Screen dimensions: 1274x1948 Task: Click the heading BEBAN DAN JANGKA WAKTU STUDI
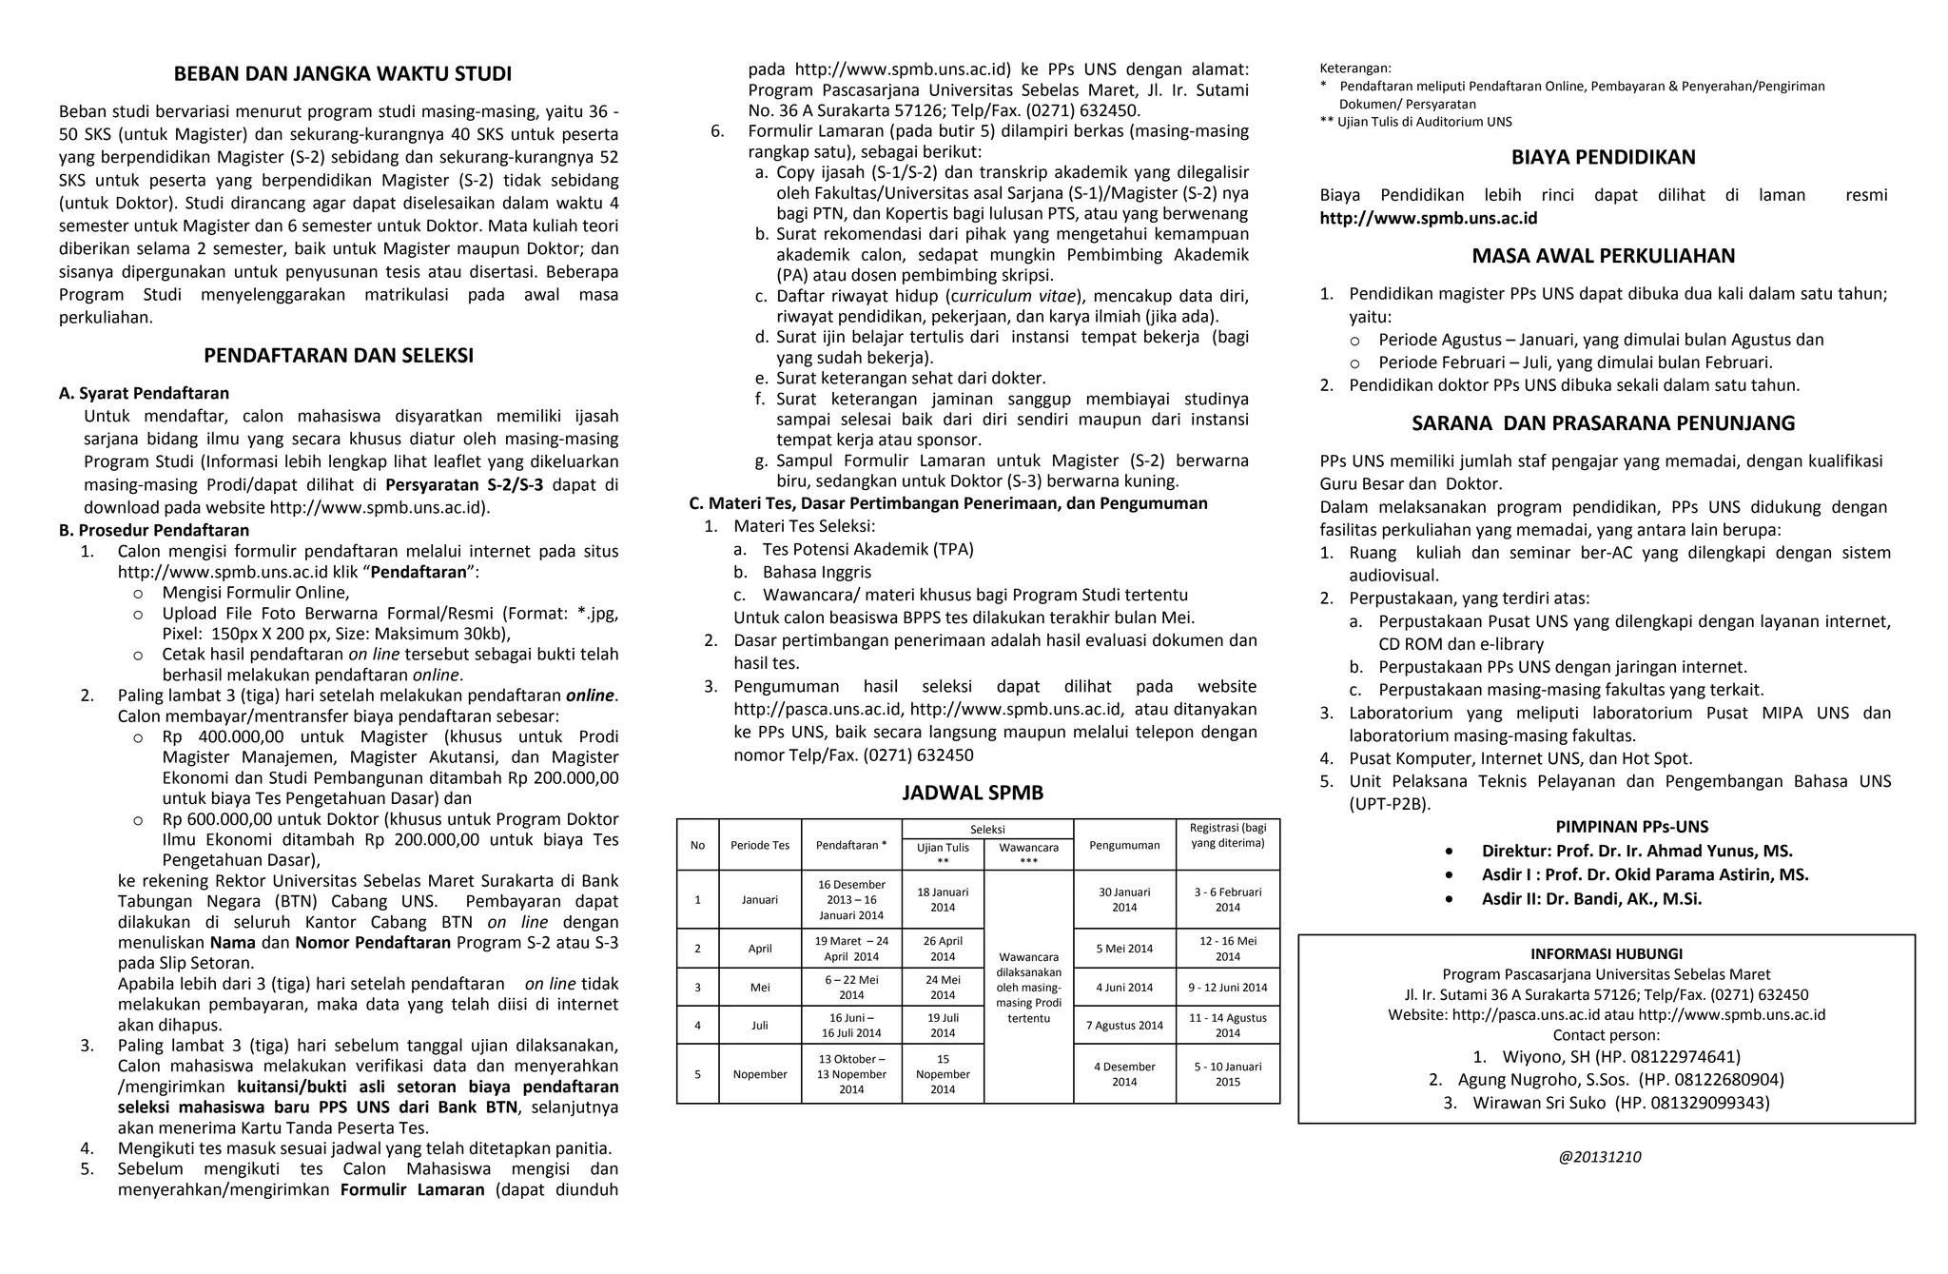click(x=341, y=73)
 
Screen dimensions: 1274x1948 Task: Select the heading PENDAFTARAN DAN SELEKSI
click(x=339, y=356)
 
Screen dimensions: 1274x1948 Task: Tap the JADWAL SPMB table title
click(x=973, y=793)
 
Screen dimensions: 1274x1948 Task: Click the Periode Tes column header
click(x=760, y=845)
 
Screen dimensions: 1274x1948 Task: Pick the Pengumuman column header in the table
click(x=1124, y=845)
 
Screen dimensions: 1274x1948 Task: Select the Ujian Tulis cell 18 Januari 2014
click(x=943, y=899)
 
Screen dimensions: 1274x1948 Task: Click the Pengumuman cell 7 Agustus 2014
click(x=1124, y=1025)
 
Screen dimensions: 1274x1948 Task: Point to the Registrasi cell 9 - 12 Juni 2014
click(x=1227, y=987)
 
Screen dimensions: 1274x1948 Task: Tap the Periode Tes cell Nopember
click(x=760, y=1073)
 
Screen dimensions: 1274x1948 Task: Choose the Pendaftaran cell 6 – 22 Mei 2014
click(x=851, y=987)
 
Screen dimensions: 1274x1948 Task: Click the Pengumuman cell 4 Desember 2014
click(x=1124, y=1073)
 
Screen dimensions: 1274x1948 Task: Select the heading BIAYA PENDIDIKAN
click(x=1603, y=157)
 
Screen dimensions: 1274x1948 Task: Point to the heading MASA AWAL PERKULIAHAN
click(x=1603, y=256)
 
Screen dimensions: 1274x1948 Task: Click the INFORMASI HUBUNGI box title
click(x=1606, y=953)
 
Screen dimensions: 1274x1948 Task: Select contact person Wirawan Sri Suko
click(x=1620, y=1103)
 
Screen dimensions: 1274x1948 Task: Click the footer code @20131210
click(x=1599, y=1157)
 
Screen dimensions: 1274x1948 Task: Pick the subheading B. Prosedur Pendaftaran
click(x=154, y=530)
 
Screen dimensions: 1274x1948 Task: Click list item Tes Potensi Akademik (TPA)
click(x=867, y=549)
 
